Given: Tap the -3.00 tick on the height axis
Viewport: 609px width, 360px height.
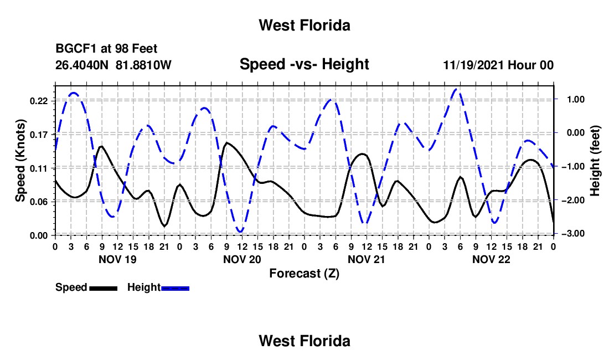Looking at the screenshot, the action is [x=574, y=233].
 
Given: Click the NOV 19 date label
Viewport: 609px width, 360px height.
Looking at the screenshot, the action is [x=118, y=259].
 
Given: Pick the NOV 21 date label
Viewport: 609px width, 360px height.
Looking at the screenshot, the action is [x=367, y=259].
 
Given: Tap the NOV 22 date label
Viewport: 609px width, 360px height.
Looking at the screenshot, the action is [x=491, y=259].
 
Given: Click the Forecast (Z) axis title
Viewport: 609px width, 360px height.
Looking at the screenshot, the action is [x=304, y=274].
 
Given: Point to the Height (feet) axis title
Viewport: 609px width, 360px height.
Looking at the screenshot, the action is [x=595, y=161].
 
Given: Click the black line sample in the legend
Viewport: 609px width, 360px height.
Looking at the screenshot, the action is [x=104, y=288].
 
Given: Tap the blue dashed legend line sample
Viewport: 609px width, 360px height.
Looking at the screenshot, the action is [x=175, y=288].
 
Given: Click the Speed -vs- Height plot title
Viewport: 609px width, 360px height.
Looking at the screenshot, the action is [x=304, y=64].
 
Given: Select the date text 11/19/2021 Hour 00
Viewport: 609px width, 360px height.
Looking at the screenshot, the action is [x=498, y=65].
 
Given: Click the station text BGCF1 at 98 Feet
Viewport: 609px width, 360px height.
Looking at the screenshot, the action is [x=106, y=49].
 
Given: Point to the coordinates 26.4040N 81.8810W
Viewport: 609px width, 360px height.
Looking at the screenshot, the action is [x=113, y=65].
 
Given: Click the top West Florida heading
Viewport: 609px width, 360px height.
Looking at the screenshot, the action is [x=304, y=25].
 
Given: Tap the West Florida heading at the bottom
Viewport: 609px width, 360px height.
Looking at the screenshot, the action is [x=304, y=341].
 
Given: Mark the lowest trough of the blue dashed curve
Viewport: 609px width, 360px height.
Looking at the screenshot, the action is [x=241, y=232].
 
